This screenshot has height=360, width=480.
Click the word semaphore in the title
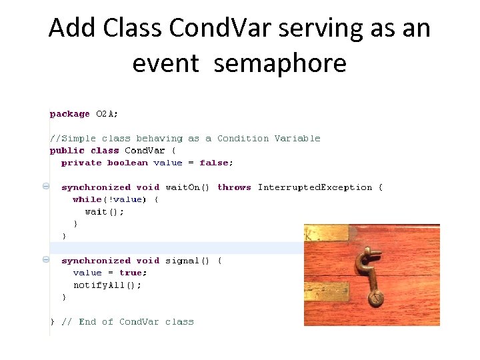point(280,63)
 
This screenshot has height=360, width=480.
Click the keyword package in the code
point(69,114)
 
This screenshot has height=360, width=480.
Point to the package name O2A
point(107,114)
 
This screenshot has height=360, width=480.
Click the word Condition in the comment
point(243,139)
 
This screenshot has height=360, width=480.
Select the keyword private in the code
point(81,163)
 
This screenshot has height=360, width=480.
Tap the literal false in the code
point(216,163)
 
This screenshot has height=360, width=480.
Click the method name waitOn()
point(187,187)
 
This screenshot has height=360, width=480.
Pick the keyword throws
point(234,187)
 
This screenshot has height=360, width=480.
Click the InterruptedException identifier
point(315,187)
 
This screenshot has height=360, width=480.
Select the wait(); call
point(105,211)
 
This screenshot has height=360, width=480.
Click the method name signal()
point(187,261)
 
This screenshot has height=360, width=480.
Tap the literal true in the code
point(133,273)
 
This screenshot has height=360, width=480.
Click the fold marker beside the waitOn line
point(46,187)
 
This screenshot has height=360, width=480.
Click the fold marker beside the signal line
point(46,261)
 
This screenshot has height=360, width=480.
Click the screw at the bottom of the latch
point(377,298)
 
